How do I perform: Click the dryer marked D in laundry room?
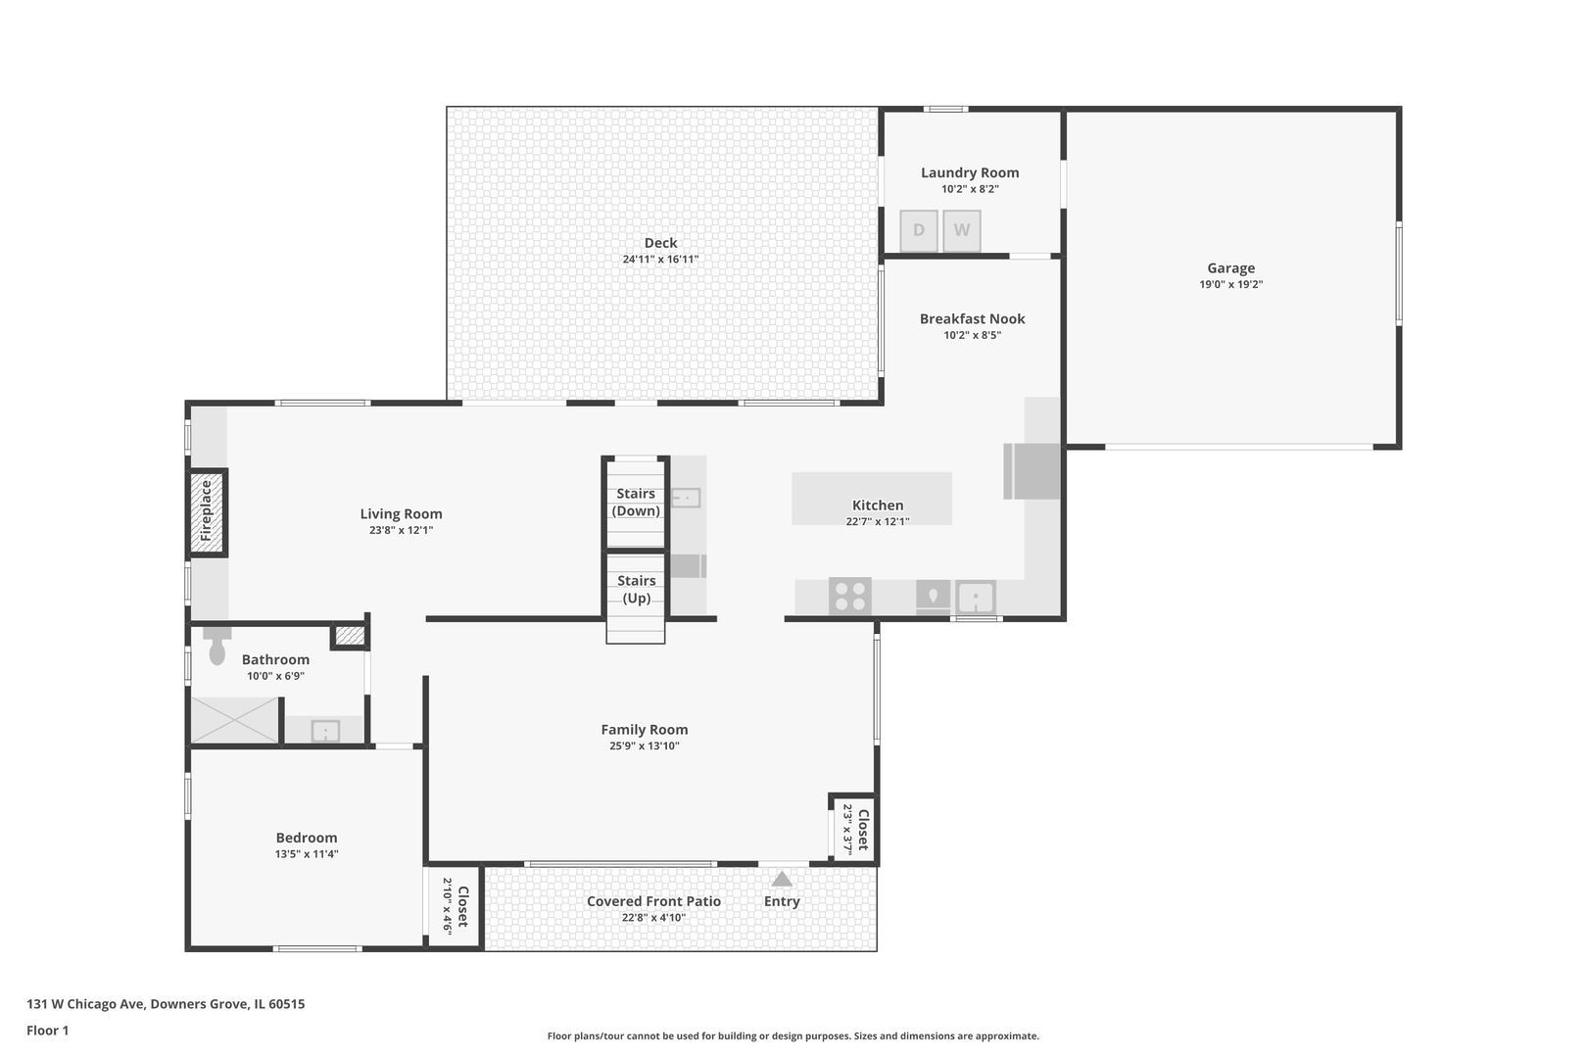coord(919,230)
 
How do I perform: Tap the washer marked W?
coord(961,230)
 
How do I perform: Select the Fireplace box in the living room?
coord(207,512)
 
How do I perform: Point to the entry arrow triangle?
coord(782,879)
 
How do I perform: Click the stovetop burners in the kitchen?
coord(850,596)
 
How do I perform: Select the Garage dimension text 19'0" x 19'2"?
coord(1230,284)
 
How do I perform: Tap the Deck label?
coord(660,242)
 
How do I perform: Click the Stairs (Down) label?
coord(636,502)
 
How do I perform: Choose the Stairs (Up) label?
coord(636,589)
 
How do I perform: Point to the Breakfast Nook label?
coord(972,318)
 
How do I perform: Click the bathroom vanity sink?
coord(325,730)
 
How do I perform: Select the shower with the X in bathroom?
coord(234,721)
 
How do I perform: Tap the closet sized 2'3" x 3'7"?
coord(854,829)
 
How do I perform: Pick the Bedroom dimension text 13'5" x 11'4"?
coord(306,854)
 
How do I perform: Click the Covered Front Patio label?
coord(653,900)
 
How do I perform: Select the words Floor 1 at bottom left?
coord(47,1031)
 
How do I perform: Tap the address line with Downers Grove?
coord(166,1003)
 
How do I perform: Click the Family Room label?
coord(644,729)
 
